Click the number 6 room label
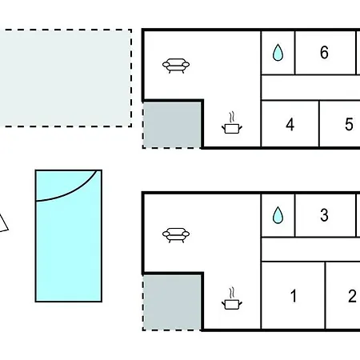324,52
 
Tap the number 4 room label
290,125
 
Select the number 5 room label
349,124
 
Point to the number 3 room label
324,215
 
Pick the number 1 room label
294,296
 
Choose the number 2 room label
352,296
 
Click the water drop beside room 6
278,52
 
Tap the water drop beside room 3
278,215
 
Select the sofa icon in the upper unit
176,66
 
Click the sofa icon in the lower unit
176,235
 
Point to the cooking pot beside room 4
232,123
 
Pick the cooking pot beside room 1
232,298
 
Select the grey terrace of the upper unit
172,125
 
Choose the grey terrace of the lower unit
172,302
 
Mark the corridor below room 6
310,87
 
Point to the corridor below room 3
310,249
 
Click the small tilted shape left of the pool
2,223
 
